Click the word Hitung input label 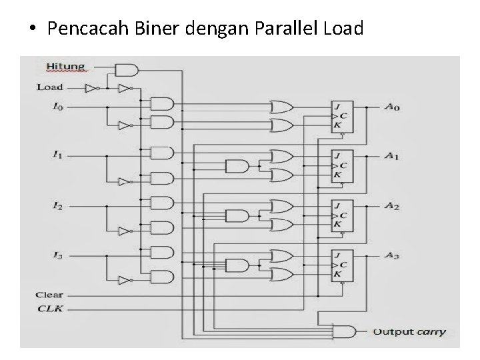pyautogui.click(x=66, y=66)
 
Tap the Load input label pyautogui.click(x=50, y=87)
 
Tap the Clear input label pyautogui.click(x=50, y=295)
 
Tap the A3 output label pyautogui.click(x=392, y=255)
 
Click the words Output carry pyautogui.click(x=409, y=331)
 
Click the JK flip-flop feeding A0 pyautogui.click(x=342, y=117)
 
